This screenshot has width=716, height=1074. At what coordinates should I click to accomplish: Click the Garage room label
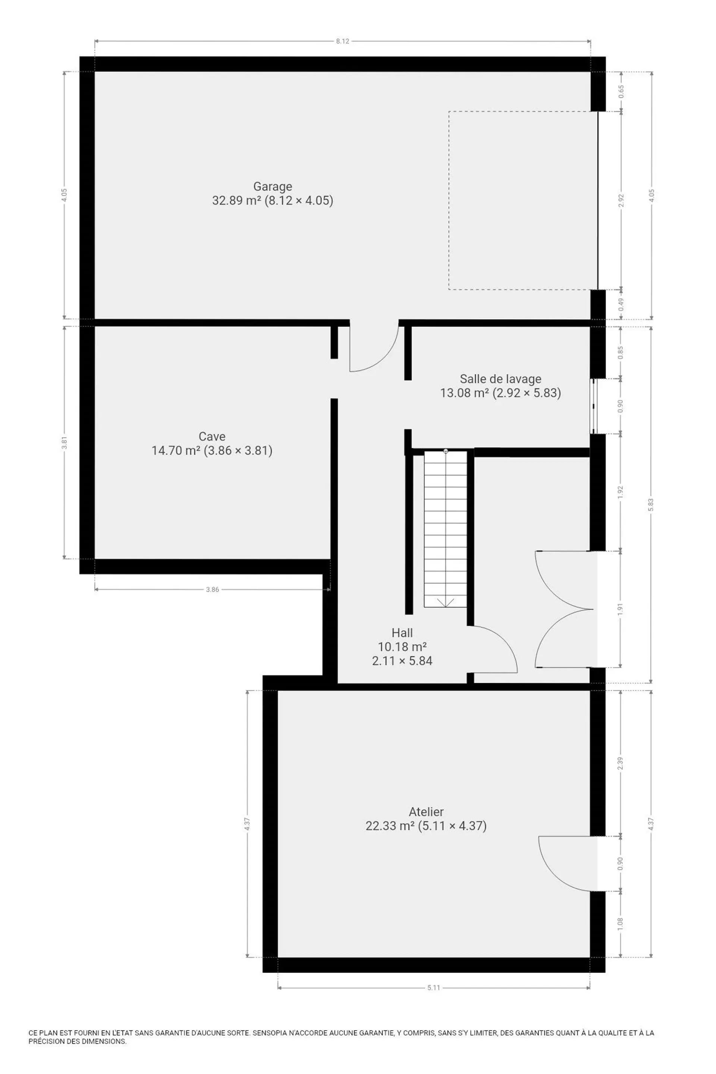(x=273, y=186)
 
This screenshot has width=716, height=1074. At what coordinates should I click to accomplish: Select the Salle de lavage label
(x=500, y=379)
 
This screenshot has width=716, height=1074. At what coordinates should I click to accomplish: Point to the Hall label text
(x=402, y=633)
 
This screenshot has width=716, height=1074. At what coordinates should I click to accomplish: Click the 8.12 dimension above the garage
(x=342, y=41)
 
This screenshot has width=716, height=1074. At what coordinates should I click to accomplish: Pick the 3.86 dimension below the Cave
(x=212, y=590)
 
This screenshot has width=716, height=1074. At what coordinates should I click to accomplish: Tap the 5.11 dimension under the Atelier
(x=434, y=988)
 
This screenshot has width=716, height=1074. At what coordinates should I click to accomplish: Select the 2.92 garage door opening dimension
(x=621, y=201)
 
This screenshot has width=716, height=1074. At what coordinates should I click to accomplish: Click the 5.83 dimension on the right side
(x=651, y=505)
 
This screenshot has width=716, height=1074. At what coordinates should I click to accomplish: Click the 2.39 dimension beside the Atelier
(x=621, y=763)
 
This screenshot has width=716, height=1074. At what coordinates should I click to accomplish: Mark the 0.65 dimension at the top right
(x=621, y=91)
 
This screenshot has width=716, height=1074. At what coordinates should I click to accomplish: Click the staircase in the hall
(x=446, y=529)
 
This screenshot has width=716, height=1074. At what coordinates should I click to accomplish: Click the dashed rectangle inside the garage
(x=449, y=201)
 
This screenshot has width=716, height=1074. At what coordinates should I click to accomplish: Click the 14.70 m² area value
(x=176, y=451)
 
